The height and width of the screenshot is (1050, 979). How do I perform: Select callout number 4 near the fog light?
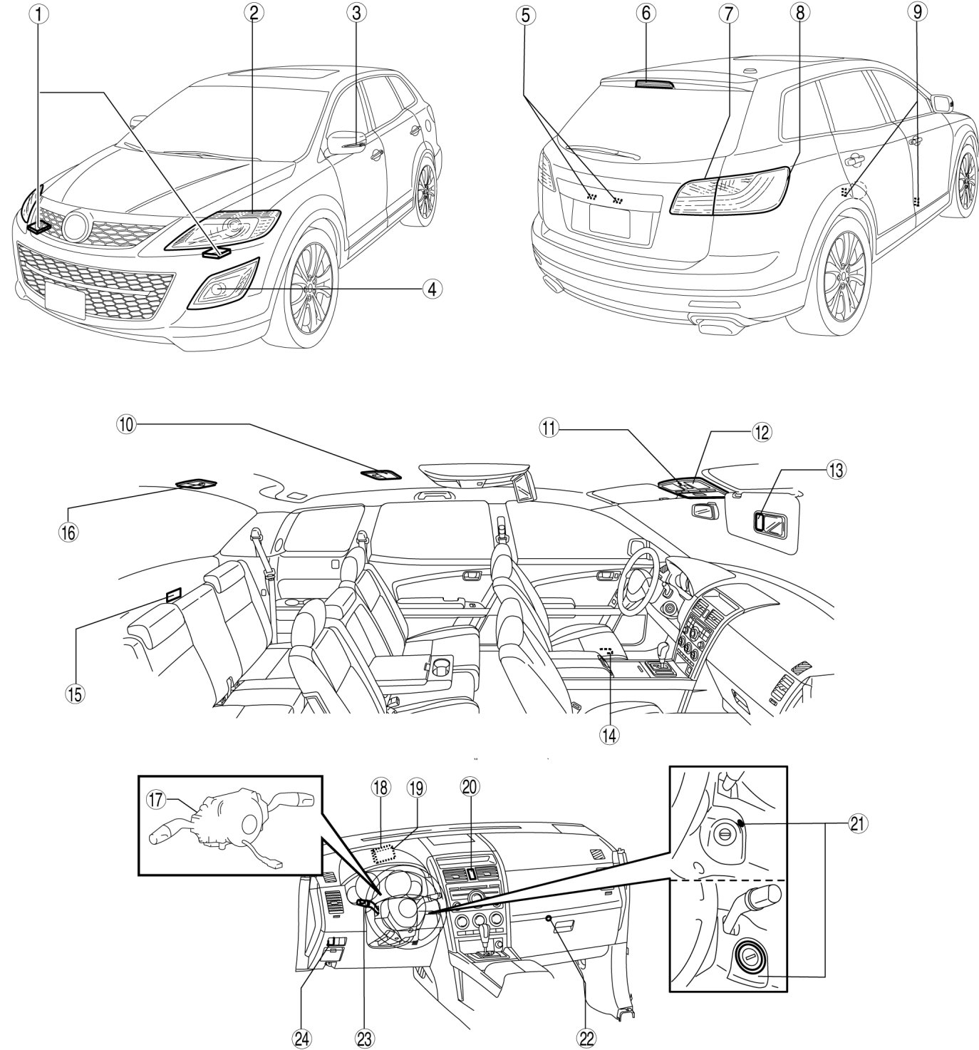(x=430, y=289)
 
